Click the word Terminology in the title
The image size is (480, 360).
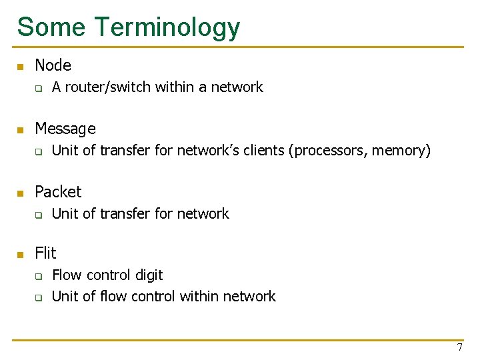167,27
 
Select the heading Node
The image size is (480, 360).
53,65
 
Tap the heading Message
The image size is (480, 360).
65,129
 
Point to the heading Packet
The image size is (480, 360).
58,192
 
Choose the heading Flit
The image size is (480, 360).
45,253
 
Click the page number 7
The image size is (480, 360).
459,347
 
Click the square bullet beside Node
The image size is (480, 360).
21,67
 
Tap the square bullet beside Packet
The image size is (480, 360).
21,193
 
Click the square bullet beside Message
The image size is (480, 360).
21,130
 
